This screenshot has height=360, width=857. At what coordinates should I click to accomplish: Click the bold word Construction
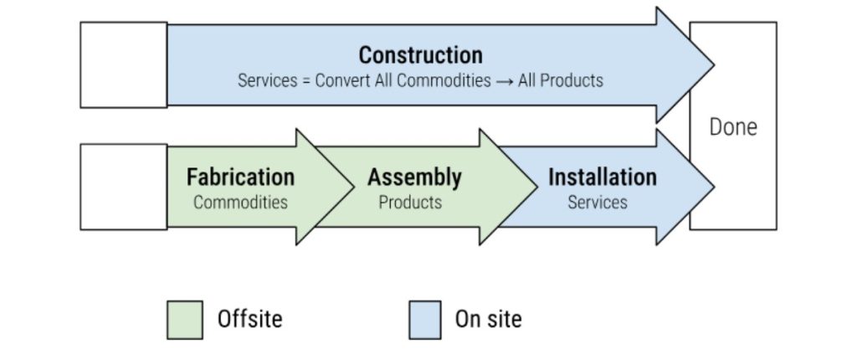click(420, 55)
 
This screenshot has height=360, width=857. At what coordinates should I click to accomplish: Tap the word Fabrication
click(240, 177)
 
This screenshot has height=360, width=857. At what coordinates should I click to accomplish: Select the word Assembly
click(414, 177)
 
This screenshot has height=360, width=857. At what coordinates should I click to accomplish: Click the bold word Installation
click(602, 177)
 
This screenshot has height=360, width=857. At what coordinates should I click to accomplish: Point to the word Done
click(733, 127)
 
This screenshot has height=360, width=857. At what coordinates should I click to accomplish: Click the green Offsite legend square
click(185, 320)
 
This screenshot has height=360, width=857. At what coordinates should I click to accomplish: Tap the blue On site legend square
click(425, 320)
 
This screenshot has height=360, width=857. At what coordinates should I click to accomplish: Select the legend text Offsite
click(249, 319)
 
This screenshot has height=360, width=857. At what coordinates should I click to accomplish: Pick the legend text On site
click(488, 319)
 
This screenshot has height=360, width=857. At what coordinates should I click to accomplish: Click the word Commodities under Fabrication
click(240, 203)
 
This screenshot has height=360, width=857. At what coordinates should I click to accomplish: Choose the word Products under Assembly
click(410, 203)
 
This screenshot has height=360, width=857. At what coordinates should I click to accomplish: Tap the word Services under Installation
click(598, 203)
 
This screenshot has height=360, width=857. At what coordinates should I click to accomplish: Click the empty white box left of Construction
click(123, 64)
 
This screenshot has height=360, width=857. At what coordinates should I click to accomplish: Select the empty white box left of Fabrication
click(123, 187)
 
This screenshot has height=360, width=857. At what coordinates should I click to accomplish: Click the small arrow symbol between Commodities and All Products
click(505, 81)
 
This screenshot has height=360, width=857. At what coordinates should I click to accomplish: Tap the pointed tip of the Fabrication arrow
click(351, 186)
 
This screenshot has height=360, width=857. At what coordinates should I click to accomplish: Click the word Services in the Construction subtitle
click(265, 81)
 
